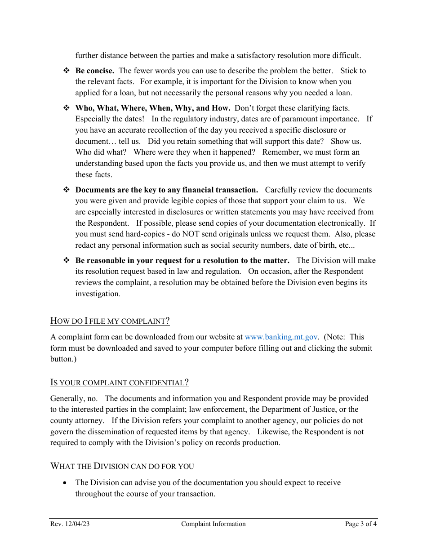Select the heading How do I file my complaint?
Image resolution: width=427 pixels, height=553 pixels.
[110, 321]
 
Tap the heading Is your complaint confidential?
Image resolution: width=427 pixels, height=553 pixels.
[119, 383]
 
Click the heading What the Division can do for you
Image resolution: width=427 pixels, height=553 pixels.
[122, 466]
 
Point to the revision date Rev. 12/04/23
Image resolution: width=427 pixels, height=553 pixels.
[70, 524]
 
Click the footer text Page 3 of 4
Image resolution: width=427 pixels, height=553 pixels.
[361, 524]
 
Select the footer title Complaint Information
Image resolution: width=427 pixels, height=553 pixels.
[213, 524]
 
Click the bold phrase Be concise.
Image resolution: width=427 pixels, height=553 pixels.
[95, 71]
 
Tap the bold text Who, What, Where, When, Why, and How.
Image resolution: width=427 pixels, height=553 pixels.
[153, 108]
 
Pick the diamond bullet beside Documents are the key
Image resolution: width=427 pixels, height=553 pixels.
[66, 190]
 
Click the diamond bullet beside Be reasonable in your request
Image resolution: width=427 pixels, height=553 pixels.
[66, 261]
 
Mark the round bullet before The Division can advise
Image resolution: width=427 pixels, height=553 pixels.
[66, 483]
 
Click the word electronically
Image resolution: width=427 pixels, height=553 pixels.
[342, 223]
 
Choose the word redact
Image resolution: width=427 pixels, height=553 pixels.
[85, 245]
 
